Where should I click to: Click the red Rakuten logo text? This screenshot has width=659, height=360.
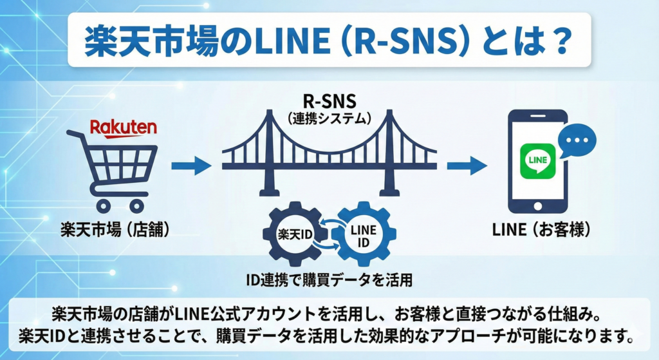pos(123,128)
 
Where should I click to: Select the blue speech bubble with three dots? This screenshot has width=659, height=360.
pos(577,140)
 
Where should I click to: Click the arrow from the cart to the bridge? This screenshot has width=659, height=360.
pos(191,166)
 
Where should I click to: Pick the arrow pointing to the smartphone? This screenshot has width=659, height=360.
pos(467,166)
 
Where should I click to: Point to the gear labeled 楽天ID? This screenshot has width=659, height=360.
pos(293,234)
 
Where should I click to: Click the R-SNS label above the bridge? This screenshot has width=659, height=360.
pos(329,103)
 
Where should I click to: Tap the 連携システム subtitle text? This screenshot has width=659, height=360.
pos(329,120)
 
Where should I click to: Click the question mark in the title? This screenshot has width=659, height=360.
pos(557,42)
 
